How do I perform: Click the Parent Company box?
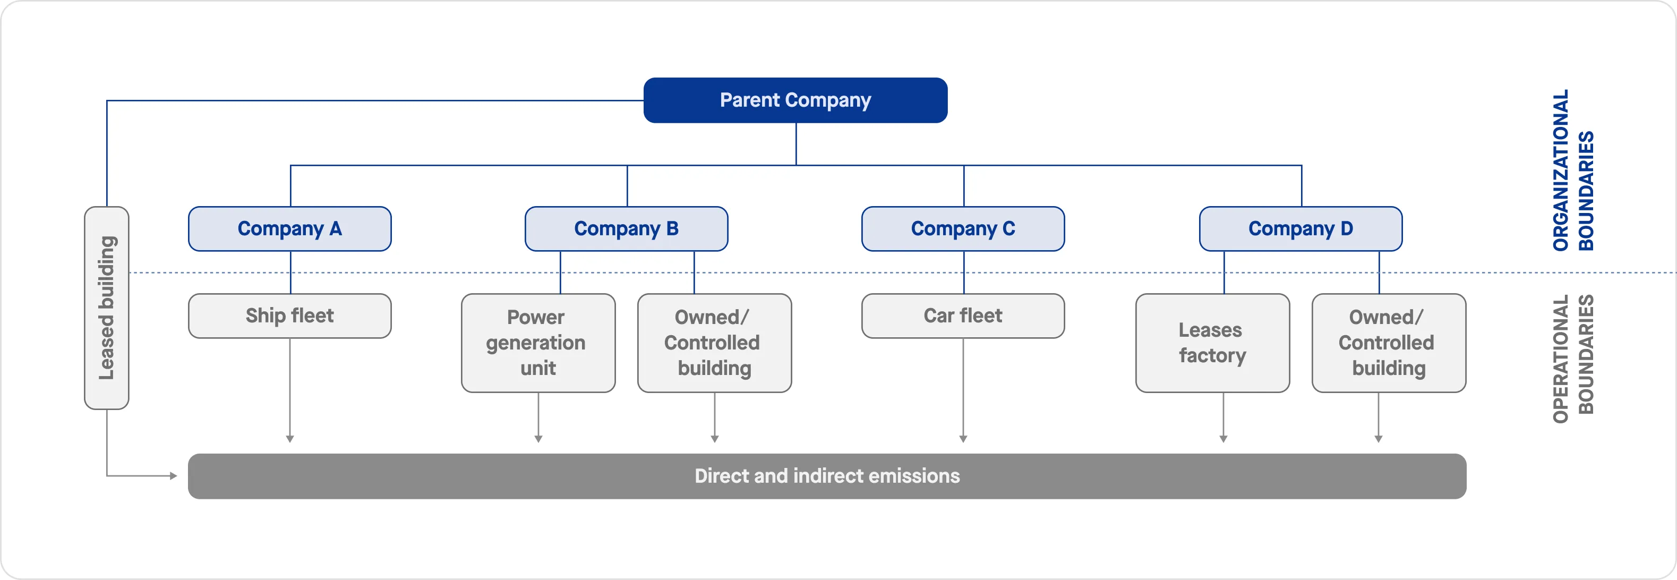[795, 100]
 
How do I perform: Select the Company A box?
[290, 228]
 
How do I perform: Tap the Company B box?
[626, 228]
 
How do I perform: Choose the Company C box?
[963, 228]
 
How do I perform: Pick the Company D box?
[1300, 228]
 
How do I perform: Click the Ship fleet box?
[290, 315]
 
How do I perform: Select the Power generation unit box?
[538, 343]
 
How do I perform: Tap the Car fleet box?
[963, 315]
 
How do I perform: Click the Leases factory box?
[1212, 343]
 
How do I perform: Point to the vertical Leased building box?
[107, 307]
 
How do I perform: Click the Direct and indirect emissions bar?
[827, 476]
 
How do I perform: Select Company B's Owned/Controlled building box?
[714, 343]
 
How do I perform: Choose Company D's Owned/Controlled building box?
[1389, 343]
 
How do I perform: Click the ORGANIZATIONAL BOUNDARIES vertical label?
[1573, 170]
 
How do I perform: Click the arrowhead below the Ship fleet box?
[290, 439]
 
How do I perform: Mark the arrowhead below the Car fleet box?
[963, 439]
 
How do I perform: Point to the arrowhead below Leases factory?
[1223, 439]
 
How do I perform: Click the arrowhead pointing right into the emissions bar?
[173, 476]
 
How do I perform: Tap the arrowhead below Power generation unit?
[538, 439]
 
